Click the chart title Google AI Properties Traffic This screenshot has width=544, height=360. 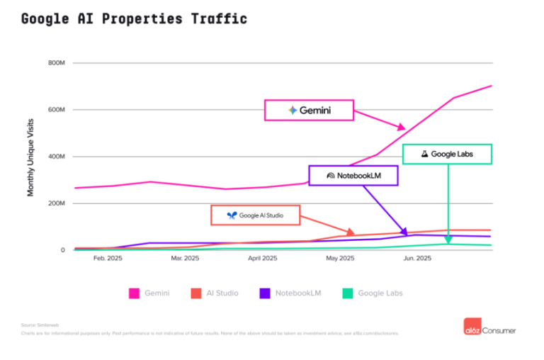pos(134,18)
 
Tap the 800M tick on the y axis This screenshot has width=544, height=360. pos(57,63)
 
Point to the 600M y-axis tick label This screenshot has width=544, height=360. pos(57,110)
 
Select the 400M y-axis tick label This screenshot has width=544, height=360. pos(57,157)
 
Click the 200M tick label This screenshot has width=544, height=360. pos(57,203)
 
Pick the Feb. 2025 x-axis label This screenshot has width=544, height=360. pos(108,259)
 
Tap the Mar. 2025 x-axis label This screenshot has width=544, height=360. pos(185,259)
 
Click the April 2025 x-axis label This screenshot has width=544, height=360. pos(262,259)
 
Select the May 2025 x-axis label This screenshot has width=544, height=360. pos(340,259)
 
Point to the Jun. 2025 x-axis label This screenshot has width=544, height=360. pos(417,259)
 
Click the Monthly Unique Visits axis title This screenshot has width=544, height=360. pos(31,158)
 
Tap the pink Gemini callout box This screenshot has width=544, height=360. pos(309,110)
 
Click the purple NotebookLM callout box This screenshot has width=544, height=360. pos(353,175)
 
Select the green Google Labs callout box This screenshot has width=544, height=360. pos(447,154)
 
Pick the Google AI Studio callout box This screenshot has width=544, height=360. pos(256,215)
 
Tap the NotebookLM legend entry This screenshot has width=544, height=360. pos(291,293)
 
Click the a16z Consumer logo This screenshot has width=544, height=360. pos(490,330)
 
